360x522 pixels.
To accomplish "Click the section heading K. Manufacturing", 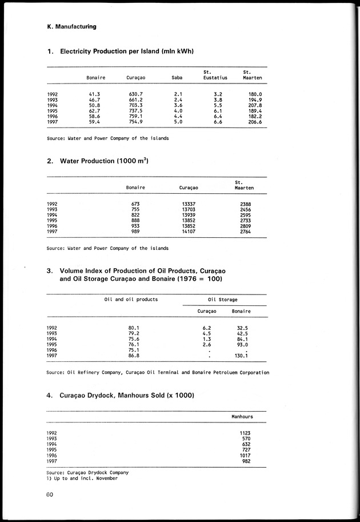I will (x=72, y=26).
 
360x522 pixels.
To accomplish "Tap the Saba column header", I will (x=177, y=77).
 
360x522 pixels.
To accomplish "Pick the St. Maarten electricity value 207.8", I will (x=253, y=106).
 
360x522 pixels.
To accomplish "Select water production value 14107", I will (x=189, y=232).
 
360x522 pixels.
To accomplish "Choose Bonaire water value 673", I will (x=135, y=204).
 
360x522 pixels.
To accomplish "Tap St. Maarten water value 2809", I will (x=244, y=226).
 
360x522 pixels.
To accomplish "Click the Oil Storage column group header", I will (x=223, y=299).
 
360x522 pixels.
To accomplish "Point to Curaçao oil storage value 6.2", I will (x=207, y=328).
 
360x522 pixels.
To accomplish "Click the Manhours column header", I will (x=242, y=417).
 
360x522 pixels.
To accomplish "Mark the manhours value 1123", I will (x=246, y=433).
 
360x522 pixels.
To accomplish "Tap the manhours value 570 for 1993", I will (x=247, y=439).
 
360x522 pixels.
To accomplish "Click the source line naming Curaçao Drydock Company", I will (x=87, y=472).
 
